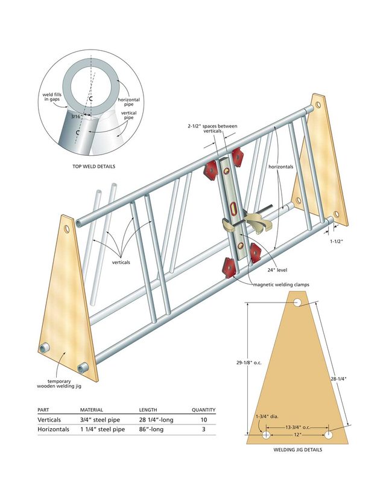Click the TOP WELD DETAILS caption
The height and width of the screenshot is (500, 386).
93,166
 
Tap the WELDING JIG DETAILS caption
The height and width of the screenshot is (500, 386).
298,450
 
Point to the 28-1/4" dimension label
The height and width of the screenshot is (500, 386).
338,379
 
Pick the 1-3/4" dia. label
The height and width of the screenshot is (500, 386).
267,417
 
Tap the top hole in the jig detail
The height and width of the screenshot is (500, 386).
297,303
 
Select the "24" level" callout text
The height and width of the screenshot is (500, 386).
277,270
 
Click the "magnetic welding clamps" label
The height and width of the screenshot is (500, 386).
281,284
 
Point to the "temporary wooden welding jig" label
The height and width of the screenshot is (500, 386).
59,383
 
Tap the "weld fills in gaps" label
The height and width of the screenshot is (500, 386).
52,97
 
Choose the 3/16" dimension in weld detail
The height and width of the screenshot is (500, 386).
75,117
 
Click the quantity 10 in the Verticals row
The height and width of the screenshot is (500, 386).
204,420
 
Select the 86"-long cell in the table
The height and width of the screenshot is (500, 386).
151,429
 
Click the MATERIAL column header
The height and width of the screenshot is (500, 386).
92,410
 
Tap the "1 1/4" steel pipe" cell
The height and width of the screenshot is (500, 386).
103,429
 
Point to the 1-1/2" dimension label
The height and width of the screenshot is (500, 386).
336,242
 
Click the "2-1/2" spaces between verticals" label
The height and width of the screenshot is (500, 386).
212,129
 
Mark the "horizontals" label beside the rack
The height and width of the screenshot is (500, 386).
281,167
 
